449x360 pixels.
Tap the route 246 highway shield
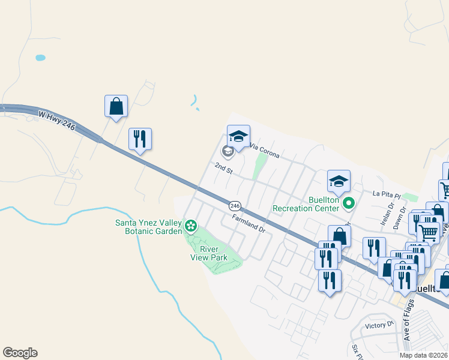pyautogui.click(x=235, y=205)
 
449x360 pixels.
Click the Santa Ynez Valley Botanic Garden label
pyautogui.click(x=148, y=227)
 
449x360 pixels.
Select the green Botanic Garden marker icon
pyautogui.click(x=191, y=226)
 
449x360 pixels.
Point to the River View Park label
pyautogui.click(x=213, y=253)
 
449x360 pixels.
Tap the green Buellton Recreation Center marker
pyautogui.click(x=349, y=205)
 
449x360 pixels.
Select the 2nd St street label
pyautogui.click(x=223, y=169)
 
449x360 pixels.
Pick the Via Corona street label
pyautogui.click(x=264, y=151)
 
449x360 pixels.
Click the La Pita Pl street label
pyautogui.click(x=385, y=193)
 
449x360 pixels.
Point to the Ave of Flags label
pyautogui.click(x=411, y=324)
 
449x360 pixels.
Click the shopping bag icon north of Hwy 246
pyautogui.click(x=116, y=106)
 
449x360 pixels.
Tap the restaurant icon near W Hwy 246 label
pyautogui.click(x=140, y=139)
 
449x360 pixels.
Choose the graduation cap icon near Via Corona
pyautogui.click(x=238, y=136)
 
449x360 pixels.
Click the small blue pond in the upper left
pyautogui.click(x=40, y=58)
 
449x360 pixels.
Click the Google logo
pyautogui.click(x=20, y=353)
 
